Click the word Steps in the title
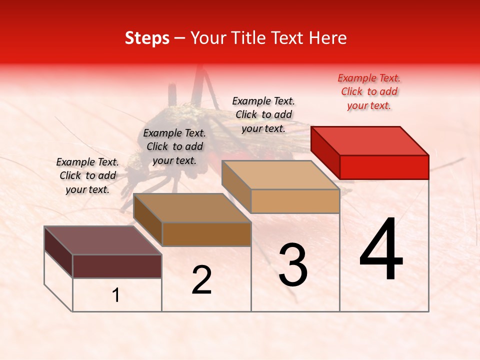(147, 38)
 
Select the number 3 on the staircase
(292, 265)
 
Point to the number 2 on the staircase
(201, 280)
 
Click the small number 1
(116, 295)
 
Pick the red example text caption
(369, 91)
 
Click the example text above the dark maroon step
(87, 175)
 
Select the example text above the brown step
(174, 146)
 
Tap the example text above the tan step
(263, 114)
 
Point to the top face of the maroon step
(103, 240)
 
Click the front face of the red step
(384, 167)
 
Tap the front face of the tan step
(295, 201)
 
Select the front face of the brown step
(206, 234)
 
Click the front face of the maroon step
(117, 266)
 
